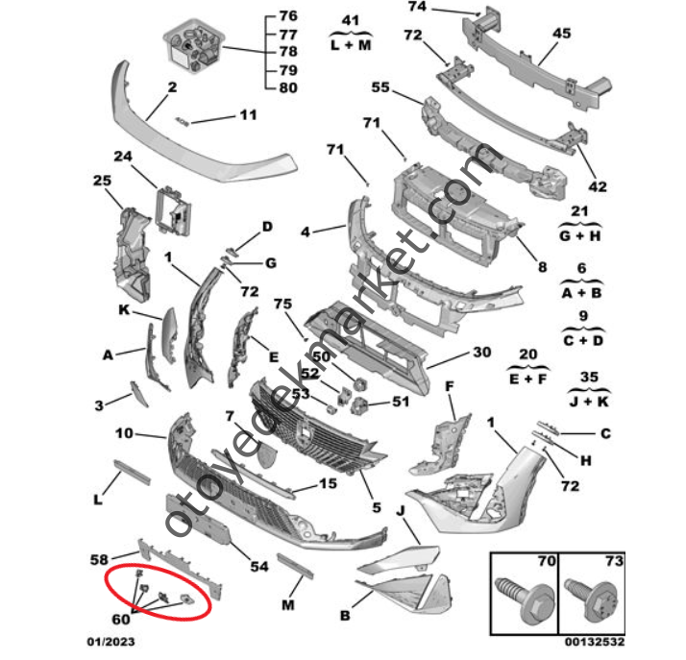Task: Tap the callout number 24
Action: pyautogui.click(x=123, y=158)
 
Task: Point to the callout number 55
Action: pyautogui.click(x=380, y=86)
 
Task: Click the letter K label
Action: pyautogui.click(x=125, y=311)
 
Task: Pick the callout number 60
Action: pyautogui.click(x=121, y=619)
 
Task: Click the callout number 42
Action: pyautogui.click(x=597, y=186)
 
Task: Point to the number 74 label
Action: pyautogui.click(x=416, y=7)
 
